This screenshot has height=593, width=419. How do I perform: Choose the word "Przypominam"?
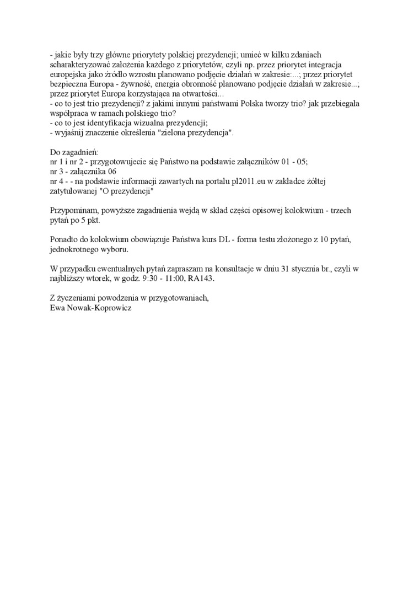click(73, 211)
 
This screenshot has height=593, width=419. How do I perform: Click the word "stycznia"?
click(298, 269)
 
